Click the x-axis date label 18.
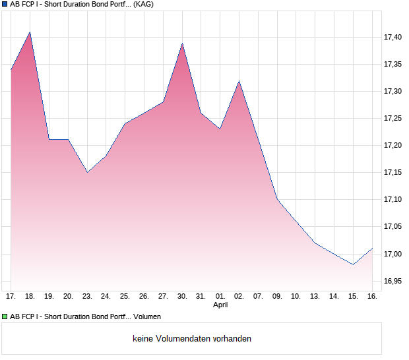[x=30, y=296]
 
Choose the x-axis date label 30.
[x=182, y=296]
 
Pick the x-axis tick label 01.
[x=220, y=296]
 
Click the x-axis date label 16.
[x=372, y=296]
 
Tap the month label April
[x=220, y=305]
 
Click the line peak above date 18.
[x=30, y=32]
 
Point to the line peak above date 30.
[x=182, y=43]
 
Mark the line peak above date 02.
[x=239, y=80]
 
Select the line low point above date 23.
[x=87, y=172]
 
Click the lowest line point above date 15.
[x=354, y=264]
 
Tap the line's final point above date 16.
[x=373, y=249]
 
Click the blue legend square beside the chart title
[x=5, y=4]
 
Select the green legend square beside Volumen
[x=5, y=317]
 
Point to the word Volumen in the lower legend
[x=147, y=317]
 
